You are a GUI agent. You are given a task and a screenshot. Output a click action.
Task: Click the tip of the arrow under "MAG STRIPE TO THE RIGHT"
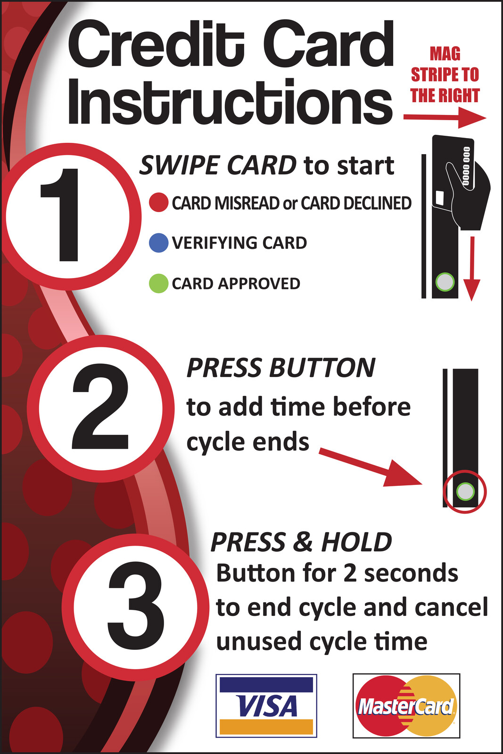pyautogui.click(x=487, y=118)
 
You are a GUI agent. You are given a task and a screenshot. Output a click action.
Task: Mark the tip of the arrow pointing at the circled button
pyautogui.click(x=422, y=484)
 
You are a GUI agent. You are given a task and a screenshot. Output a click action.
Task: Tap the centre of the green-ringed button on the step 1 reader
pyautogui.click(x=445, y=282)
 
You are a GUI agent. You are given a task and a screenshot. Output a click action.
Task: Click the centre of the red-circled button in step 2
pyautogui.click(x=465, y=492)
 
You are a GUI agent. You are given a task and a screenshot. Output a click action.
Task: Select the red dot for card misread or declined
pyautogui.click(x=158, y=202)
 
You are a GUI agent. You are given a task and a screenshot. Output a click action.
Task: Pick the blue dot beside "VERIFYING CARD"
pyautogui.click(x=158, y=243)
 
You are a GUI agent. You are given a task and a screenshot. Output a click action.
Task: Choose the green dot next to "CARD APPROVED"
pyautogui.click(x=158, y=283)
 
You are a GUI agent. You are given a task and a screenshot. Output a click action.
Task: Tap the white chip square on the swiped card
pyautogui.click(x=440, y=198)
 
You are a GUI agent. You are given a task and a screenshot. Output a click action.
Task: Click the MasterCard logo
pyautogui.click(x=406, y=706)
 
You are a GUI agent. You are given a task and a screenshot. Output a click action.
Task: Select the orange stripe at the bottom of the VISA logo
pyautogui.click(x=266, y=726)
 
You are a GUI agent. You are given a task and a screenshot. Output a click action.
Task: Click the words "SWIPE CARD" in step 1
pyautogui.click(x=218, y=165)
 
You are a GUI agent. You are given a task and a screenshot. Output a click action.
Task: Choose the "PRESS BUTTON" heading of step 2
pyautogui.click(x=281, y=368)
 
